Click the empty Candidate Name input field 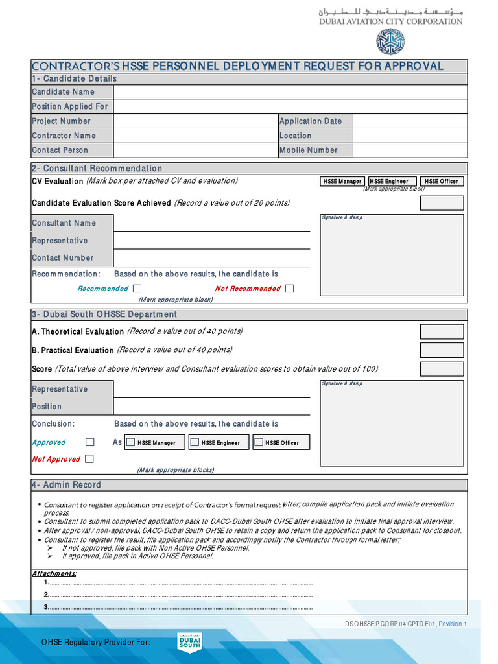point(290,92)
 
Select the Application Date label point(310,121)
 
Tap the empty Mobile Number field point(410,150)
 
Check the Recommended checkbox point(137,289)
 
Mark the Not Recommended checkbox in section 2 point(289,289)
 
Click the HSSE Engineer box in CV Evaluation point(392,182)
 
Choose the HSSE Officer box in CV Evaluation point(442,182)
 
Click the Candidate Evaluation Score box point(442,203)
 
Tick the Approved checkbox point(90,442)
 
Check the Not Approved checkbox point(89,459)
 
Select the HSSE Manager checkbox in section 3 point(131,442)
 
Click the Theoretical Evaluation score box point(442,332)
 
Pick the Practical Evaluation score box point(442,350)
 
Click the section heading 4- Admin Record point(66,485)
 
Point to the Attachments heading point(54,574)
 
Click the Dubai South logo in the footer point(190,641)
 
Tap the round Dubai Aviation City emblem point(390,41)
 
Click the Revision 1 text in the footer point(453,624)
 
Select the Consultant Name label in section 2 point(64,223)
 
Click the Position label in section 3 point(47,407)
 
